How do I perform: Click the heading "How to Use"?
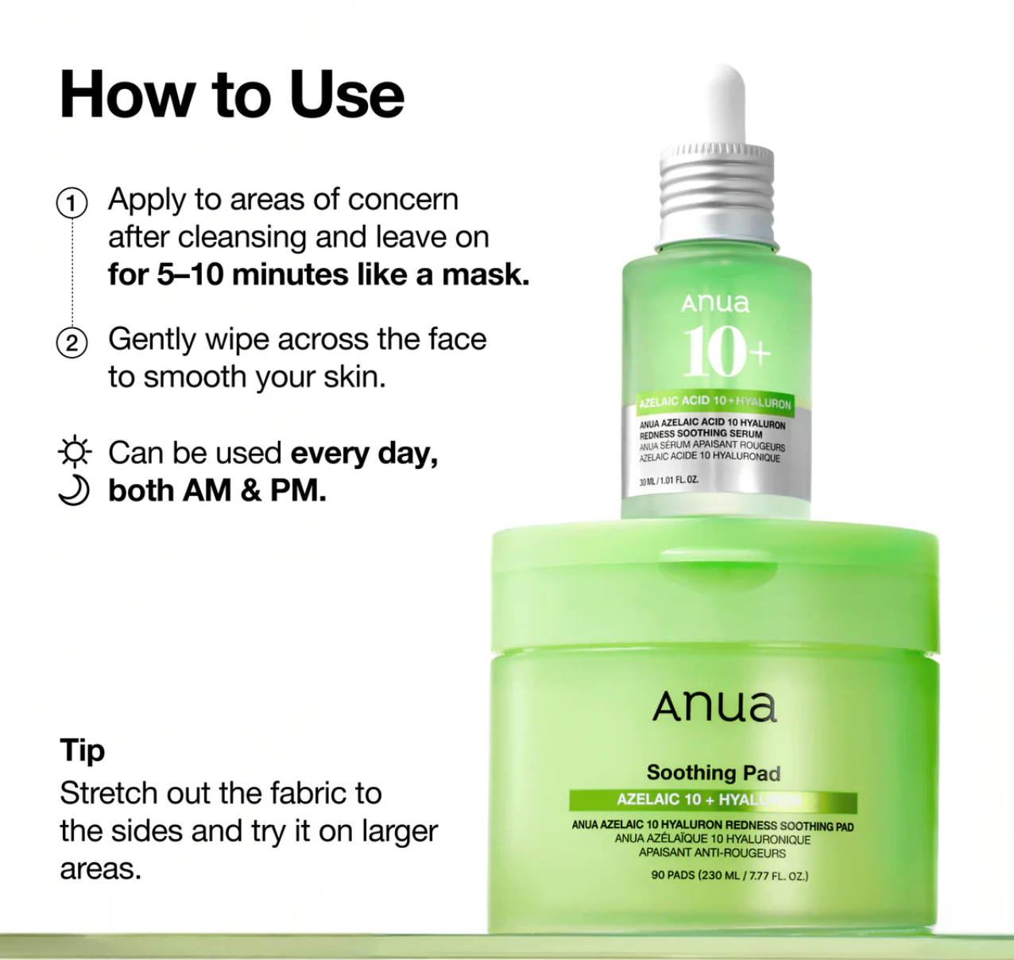(231, 95)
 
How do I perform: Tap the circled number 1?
(72, 203)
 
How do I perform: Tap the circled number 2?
(72, 343)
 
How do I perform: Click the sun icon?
(75, 452)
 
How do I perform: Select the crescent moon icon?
(74, 490)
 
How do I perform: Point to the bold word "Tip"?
(82, 750)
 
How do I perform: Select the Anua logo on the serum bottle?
(715, 303)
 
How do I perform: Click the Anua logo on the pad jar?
(714, 706)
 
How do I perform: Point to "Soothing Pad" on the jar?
(713, 772)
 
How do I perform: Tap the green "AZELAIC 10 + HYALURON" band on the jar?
(712, 800)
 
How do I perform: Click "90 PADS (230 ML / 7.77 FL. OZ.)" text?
(729, 876)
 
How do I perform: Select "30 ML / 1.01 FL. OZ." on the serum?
(669, 481)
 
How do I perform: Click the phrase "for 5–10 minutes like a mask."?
(319, 275)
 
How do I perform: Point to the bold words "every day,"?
(364, 453)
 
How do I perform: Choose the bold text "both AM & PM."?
(217, 491)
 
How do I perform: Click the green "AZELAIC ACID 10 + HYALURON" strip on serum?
(715, 402)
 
